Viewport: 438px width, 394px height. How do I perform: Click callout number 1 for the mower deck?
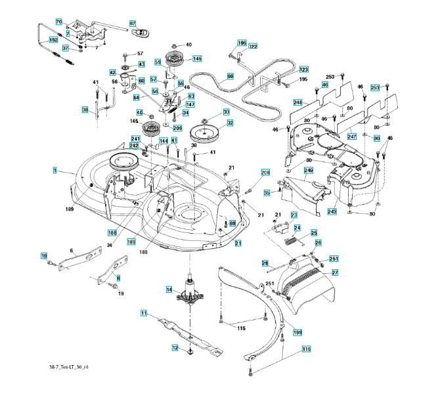(55, 170)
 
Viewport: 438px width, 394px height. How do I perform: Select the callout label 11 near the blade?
(143, 313)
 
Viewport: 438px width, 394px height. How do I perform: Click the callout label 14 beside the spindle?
(169, 290)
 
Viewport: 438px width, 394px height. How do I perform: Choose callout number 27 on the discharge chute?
(334, 273)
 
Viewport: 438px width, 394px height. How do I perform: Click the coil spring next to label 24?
(287, 241)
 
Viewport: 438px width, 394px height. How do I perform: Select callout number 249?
(308, 171)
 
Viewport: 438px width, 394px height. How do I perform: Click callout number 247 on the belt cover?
(352, 137)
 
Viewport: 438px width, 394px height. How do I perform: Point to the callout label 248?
(297, 102)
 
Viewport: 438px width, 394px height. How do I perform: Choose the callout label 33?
(226, 112)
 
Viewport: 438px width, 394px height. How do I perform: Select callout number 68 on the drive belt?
(230, 77)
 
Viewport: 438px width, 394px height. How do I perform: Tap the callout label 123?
(303, 70)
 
